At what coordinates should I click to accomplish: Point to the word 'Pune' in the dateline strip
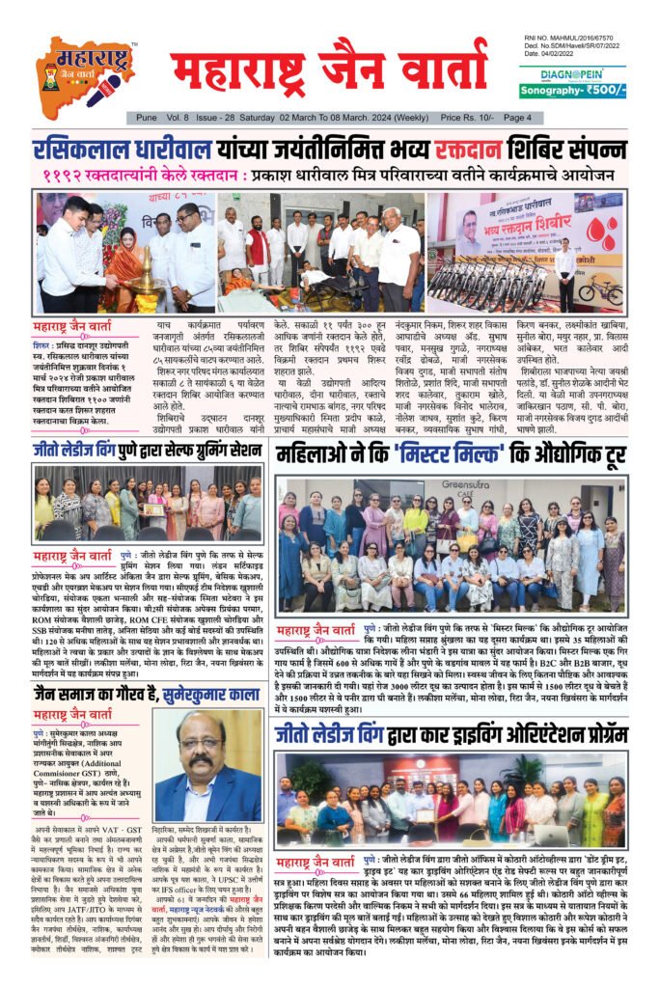point(147,117)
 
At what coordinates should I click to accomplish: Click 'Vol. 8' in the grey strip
point(180,117)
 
